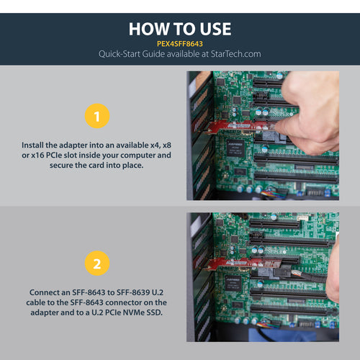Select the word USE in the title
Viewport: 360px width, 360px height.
(214, 29)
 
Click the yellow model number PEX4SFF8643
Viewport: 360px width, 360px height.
(180, 42)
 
